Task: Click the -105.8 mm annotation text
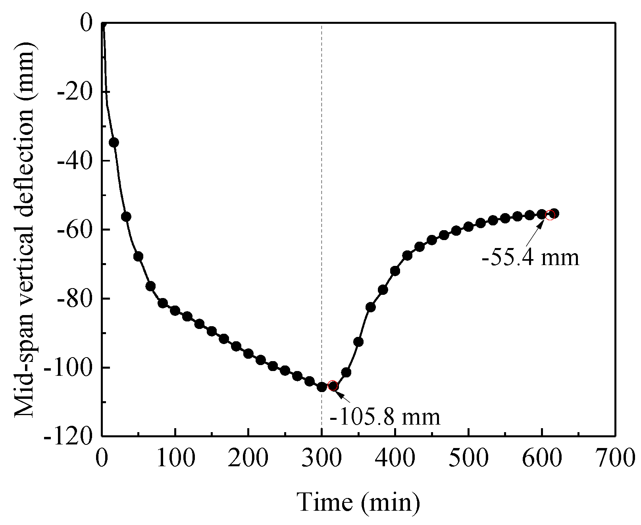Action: [385, 417]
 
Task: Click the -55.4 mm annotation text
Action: [530, 258]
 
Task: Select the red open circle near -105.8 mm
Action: [333, 386]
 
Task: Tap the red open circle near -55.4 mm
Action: [550, 215]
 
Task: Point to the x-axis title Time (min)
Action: [358, 502]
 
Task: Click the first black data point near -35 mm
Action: [114, 142]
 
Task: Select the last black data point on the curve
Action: [554, 213]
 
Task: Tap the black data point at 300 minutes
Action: [321, 387]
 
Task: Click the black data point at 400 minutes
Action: [395, 271]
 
